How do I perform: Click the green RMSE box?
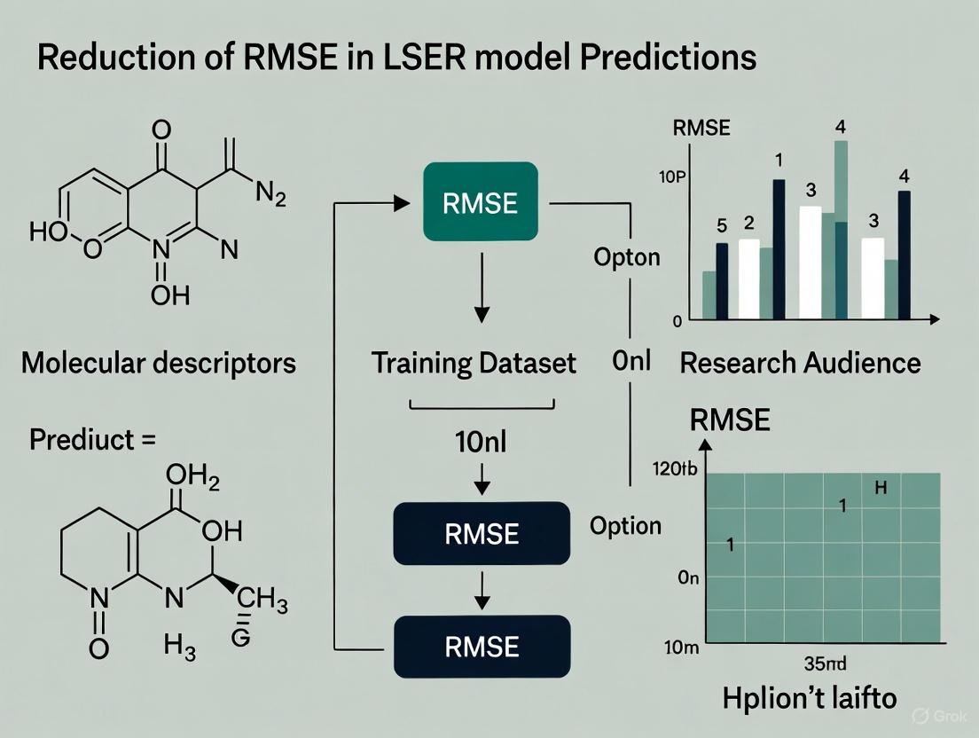(x=480, y=201)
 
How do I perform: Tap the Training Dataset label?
(x=474, y=363)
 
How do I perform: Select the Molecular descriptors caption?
(x=158, y=363)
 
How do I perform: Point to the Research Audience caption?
(x=800, y=363)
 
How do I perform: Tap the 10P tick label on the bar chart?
(x=673, y=176)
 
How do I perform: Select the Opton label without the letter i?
(x=626, y=257)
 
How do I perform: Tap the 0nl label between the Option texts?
(x=631, y=362)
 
